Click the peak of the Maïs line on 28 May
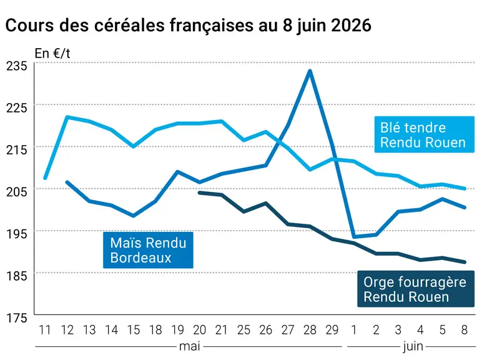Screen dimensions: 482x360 pos(310,71)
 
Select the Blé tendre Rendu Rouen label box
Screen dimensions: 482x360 pos(424,134)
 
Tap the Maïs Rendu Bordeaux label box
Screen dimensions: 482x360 pos(148,250)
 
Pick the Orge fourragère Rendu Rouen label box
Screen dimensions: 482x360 pos(416,289)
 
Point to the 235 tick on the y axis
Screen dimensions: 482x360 pos(17,66)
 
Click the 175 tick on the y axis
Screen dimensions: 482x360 pos(17,318)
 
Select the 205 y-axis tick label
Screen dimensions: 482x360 pos(17,192)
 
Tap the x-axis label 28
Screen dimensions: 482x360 pos(310,330)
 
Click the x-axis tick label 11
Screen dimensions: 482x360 pos(45,330)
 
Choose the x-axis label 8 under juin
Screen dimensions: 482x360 pos(465,330)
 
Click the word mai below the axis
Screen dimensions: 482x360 pos(190,346)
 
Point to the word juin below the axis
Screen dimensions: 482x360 pos(413,347)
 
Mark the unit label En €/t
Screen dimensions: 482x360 pos(52,54)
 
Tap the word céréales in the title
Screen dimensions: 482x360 pos(130,25)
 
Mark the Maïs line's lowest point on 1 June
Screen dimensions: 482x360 pos(354,237)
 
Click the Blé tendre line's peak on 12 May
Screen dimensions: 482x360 pos(67,117)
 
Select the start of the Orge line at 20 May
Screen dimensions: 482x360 pos(200,193)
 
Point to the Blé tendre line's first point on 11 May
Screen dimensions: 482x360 pos(45,178)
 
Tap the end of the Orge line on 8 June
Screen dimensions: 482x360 pos(465,262)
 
